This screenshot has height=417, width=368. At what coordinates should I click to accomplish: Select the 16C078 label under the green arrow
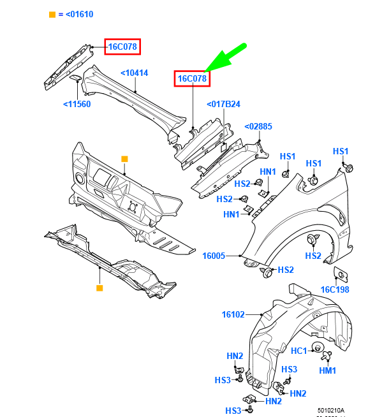pyautogui.click(x=193, y=78)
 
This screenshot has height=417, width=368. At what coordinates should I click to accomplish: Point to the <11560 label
pyautogui.click(x=77, y=105)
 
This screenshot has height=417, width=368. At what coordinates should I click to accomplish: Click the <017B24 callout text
pyautogui.click(x=223, y=104)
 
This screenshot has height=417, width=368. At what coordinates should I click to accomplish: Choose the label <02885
pyautogui.click(x=258, y=127)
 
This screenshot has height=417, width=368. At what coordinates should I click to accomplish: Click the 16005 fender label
pyautogui.click(x=214, y=256)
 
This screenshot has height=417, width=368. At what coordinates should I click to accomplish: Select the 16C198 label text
pyautogui.click(x=335, y=289)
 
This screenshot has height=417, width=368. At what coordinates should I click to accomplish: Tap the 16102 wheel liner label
pyautogui.click(x=233, y=314)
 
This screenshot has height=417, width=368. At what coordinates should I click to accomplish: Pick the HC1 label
pyautogui.click(x=300, y=350)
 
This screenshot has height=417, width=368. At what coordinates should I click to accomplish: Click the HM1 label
pyautogui.click(x=327, y=370)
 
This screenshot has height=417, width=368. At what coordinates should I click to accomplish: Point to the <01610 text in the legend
pyautogui.click(x=80, y=14)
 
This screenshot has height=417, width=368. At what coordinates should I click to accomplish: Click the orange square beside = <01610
pyautogui.click(x=52, y=14)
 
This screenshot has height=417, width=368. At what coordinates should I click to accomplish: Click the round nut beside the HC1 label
pyautogui.click(x=316, y=348)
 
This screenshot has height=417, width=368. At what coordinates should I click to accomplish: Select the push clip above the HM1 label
pyautogui.click(x=327, y=356)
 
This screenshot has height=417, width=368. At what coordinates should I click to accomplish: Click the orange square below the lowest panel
pyautogui.click(x=99, y=288)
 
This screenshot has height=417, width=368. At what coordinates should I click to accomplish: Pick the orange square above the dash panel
pyautogui.click(x=124, y=159)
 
